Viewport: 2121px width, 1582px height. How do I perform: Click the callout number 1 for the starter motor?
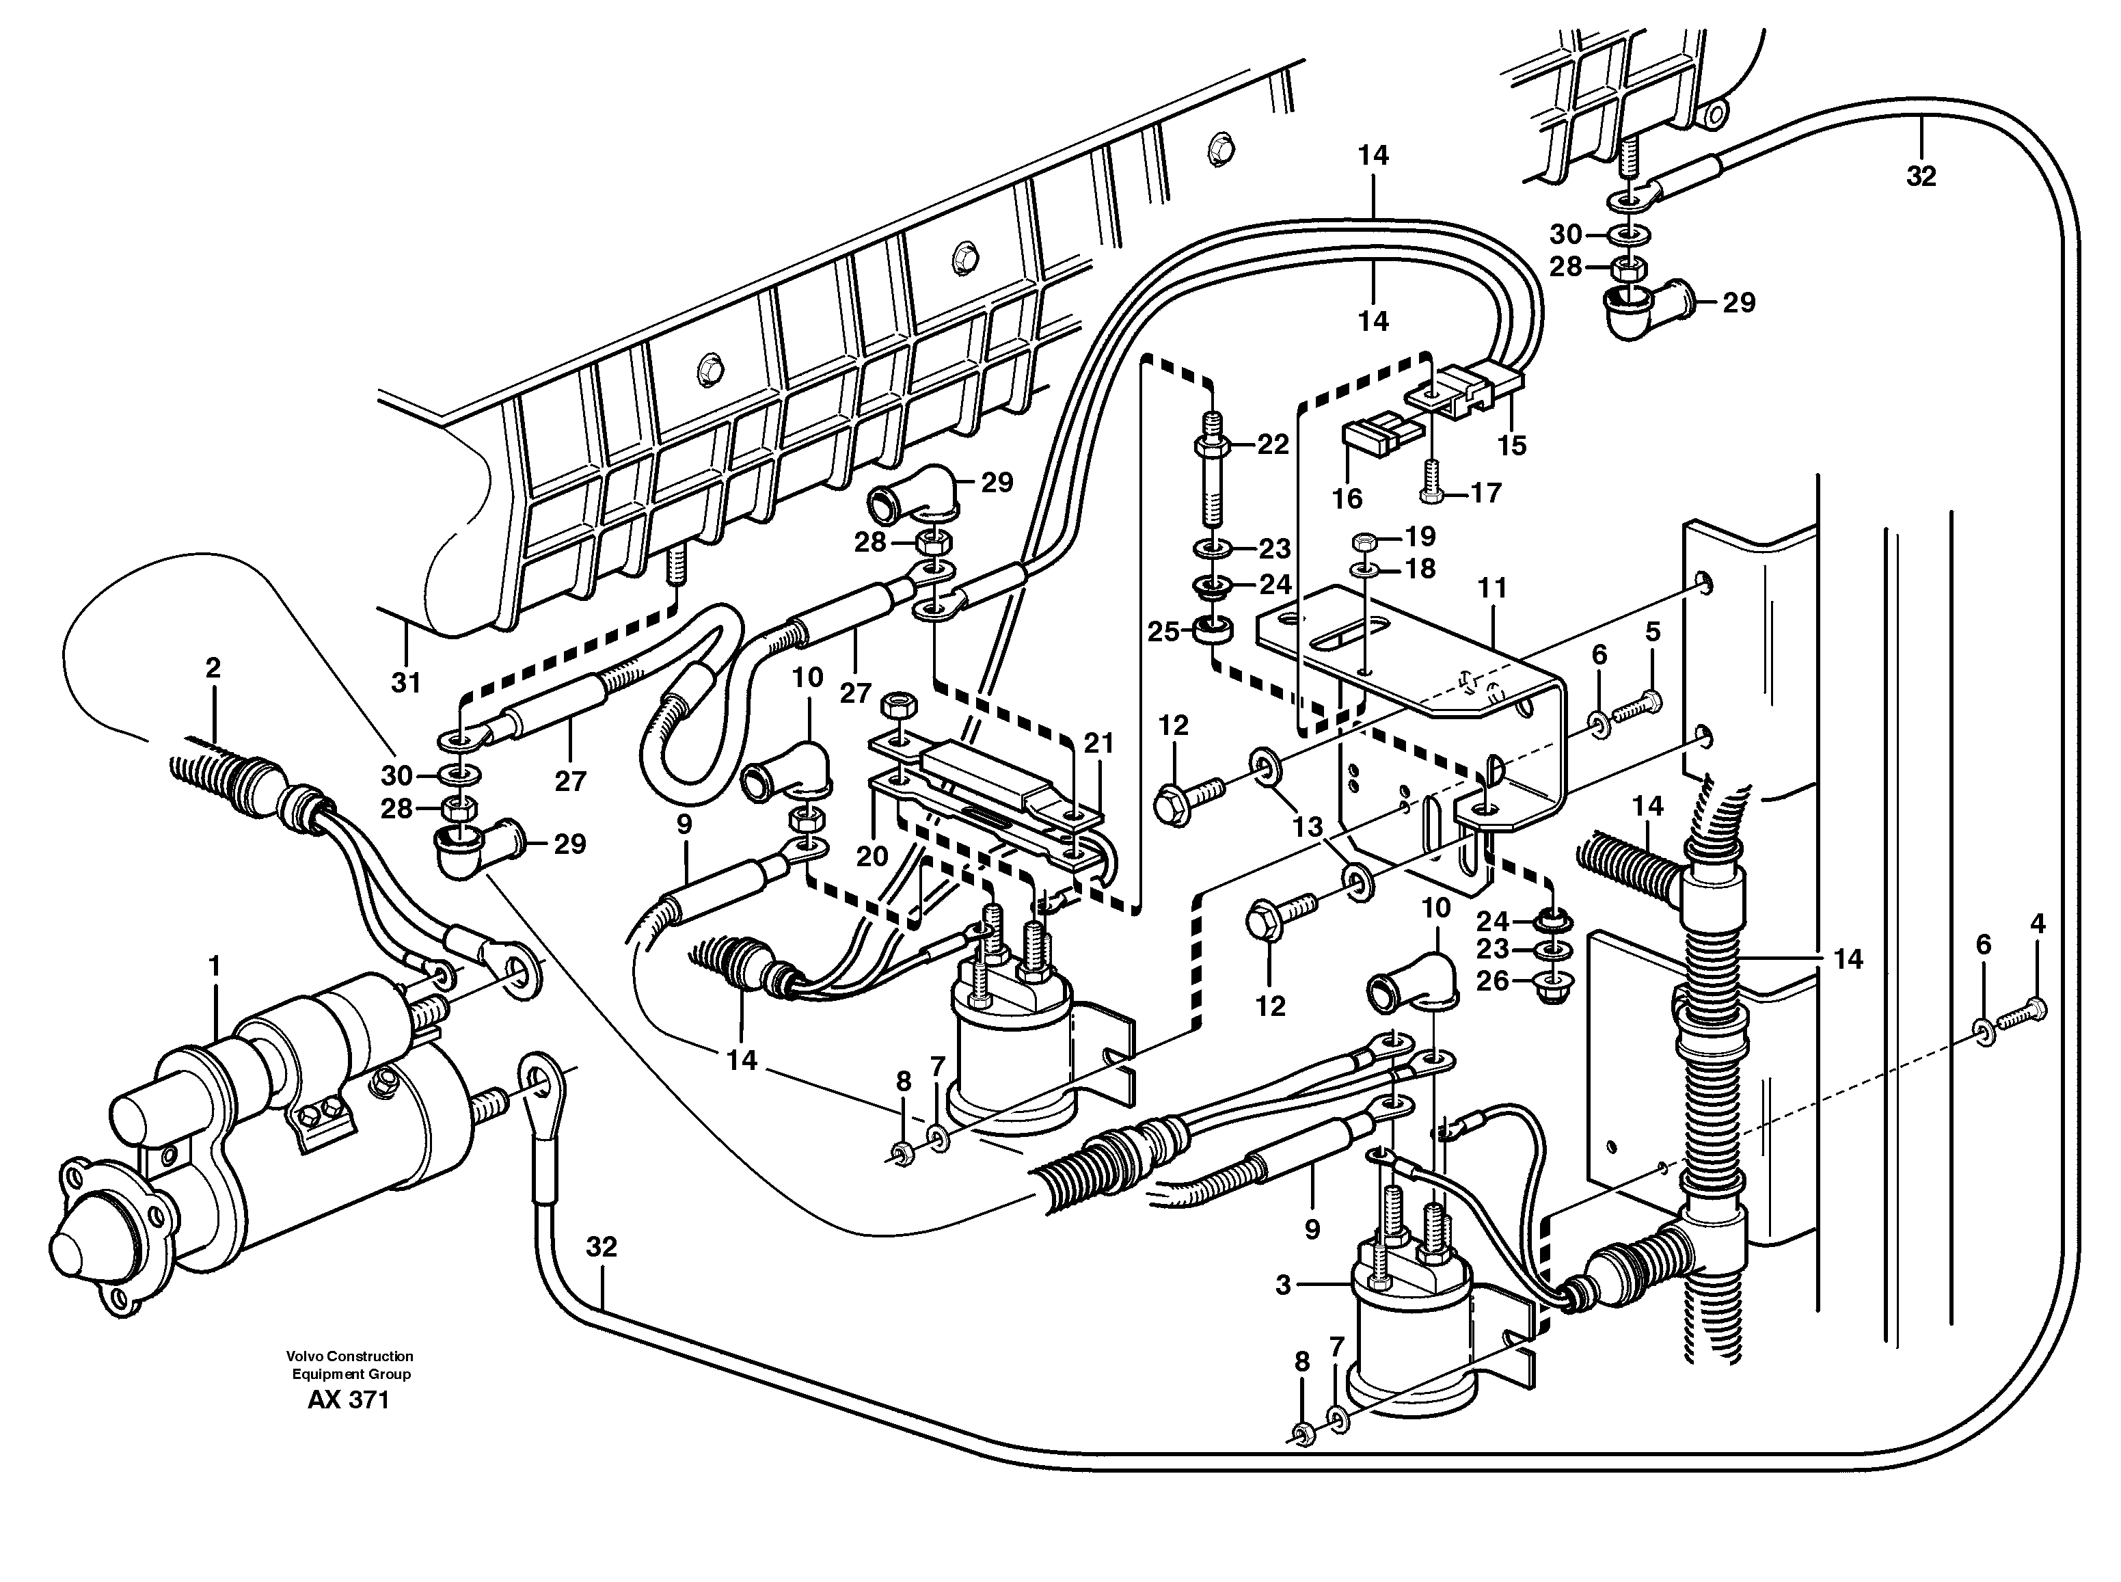click(215, 966)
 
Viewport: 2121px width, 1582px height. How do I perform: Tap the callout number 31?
click(406, 683)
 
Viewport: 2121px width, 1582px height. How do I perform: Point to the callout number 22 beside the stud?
click(1273, 444)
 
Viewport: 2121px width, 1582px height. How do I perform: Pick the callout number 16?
click(1347, 498)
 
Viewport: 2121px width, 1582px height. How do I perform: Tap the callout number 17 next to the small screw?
click(1485, 493)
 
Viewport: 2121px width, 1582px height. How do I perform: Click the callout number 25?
click(1163, 632)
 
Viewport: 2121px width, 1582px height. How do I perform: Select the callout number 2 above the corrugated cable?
click(213, 667)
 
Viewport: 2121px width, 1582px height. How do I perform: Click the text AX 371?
click(349, 1400)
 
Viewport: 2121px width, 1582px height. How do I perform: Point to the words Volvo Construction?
click(349, 1356)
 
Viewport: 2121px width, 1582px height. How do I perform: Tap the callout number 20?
click(872, 855)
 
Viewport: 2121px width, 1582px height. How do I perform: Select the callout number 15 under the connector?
click(1512, 445)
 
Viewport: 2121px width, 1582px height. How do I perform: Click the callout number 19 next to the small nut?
click(1420, 536)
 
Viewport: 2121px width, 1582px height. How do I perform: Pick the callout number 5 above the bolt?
click(1653, 632)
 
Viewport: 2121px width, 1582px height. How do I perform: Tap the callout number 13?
click(1308, 827)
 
